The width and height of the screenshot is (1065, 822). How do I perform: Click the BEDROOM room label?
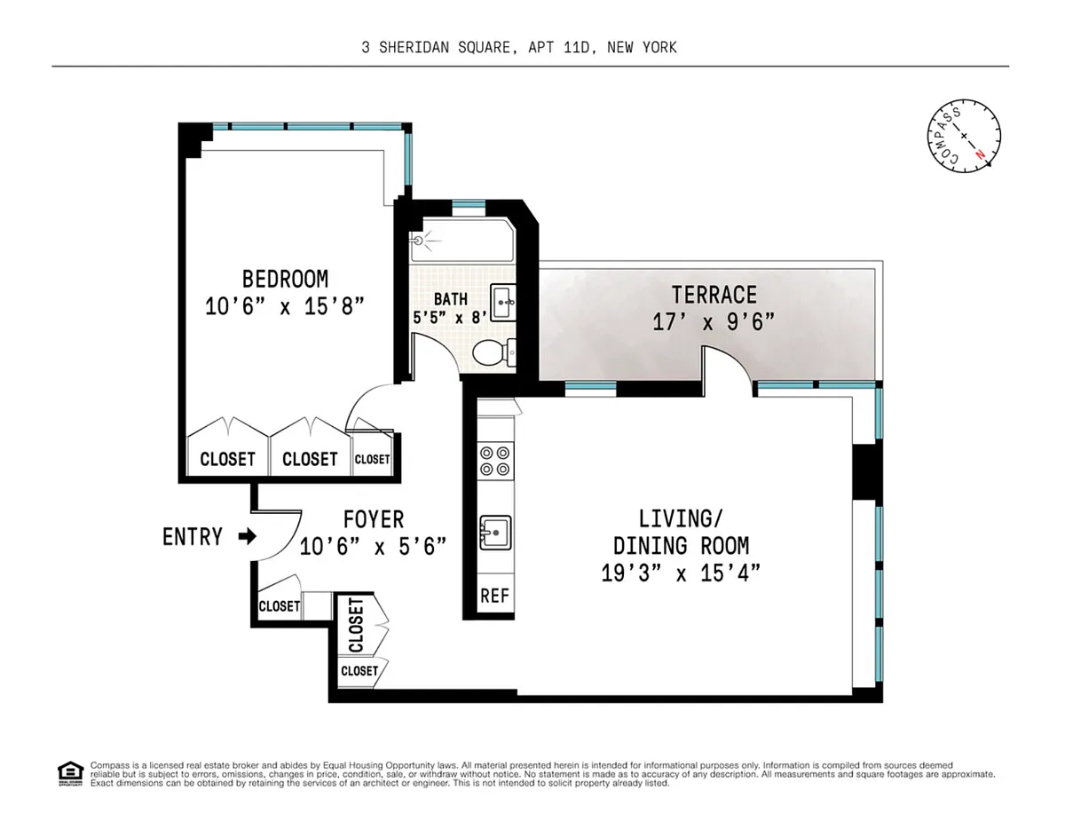[285, 279]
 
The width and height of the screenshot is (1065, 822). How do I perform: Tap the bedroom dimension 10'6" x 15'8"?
[285, 306]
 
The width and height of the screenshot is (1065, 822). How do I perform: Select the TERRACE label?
[714, 295]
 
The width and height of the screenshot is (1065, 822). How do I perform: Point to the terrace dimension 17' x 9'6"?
[714, 322]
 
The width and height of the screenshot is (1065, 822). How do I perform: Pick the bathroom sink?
[503, 303]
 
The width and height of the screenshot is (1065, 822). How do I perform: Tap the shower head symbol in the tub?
[419, 241]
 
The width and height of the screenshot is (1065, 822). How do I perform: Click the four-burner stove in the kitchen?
[495, 461]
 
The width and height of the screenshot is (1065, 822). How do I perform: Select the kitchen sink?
[495, 533]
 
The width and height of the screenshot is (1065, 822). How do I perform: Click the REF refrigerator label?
[495, 596]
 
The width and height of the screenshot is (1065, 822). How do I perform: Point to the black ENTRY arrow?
[248, 536]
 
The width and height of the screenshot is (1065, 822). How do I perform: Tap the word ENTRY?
[193, 537]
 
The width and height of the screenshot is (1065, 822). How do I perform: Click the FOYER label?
[374, 519]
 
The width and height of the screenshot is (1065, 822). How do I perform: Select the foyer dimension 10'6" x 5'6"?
[373, 547]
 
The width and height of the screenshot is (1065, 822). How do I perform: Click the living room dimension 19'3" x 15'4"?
[681, 573]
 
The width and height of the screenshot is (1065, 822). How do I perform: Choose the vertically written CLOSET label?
[356, 625]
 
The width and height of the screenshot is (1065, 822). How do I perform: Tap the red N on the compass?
[980, 154]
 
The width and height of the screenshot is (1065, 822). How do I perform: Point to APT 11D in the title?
[559, 48]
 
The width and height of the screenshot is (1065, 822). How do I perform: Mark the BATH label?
[451, 299]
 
